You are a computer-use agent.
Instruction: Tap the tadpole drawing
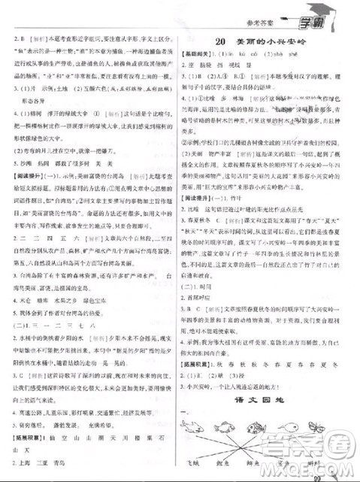point(293,426)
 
